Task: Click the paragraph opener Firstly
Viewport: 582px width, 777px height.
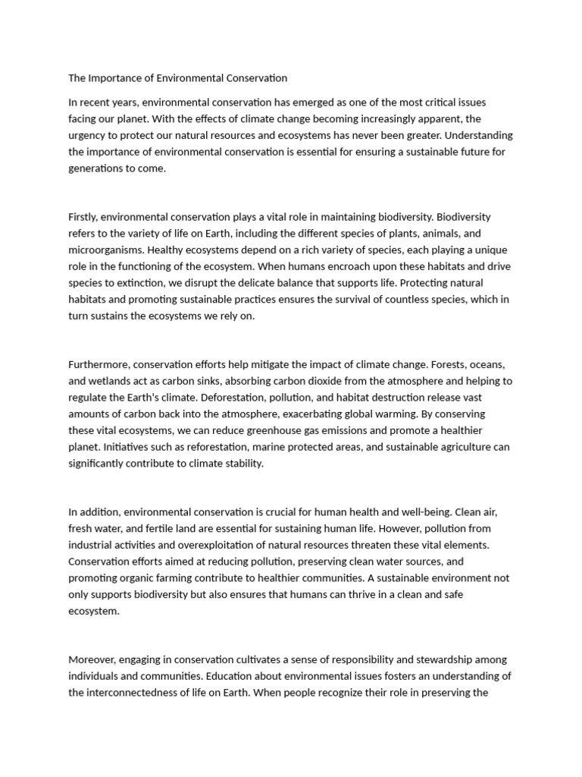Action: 83,218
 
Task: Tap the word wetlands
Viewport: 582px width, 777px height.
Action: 111,382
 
